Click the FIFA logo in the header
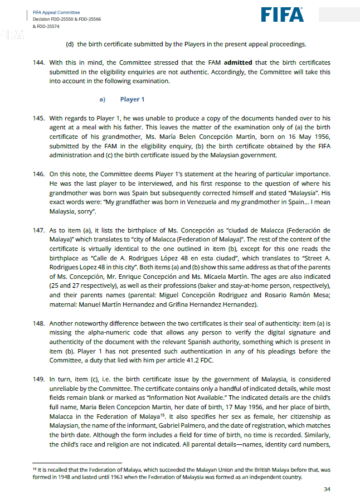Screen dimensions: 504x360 tap(282, 14)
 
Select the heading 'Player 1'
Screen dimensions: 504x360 tap(133, 99)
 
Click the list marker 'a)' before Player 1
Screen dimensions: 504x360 tap(103, 99)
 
